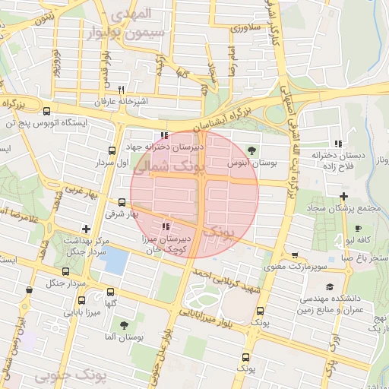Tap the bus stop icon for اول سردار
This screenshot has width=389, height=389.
(x=112, y=150)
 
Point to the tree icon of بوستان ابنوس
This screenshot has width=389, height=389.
(x=253, y=150)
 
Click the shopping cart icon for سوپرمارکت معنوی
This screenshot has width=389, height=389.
(x=295, y=255)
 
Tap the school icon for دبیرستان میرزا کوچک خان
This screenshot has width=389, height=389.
(x=166, y=226)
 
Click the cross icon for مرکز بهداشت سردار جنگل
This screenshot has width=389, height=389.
(x=86, y=228)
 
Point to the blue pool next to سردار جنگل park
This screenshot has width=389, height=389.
(x=114, y=261)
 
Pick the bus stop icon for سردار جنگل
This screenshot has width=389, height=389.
(x=65, y=270)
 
